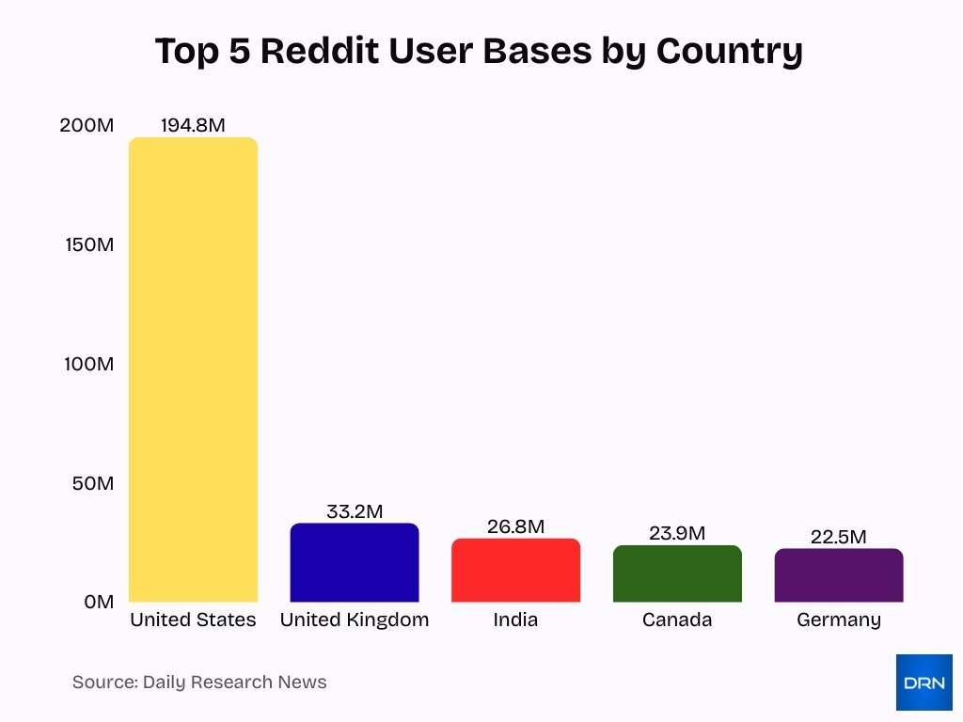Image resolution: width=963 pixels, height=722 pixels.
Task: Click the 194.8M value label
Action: coord(193,125)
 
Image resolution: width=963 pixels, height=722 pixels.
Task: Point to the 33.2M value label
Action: coord(355,511)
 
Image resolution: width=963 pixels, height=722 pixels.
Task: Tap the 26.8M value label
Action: coord(515,526)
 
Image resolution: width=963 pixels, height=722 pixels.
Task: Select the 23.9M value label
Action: coord(677,533)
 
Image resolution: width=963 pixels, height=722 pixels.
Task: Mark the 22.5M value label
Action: coord(839,537)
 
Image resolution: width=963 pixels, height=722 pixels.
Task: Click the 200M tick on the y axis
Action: coord(87,125)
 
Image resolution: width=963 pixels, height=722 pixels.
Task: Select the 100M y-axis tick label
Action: coord(88,364)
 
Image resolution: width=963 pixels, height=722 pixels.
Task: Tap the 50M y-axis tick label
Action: coord(92,483)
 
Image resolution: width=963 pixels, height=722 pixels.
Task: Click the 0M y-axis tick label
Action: coord(98,602)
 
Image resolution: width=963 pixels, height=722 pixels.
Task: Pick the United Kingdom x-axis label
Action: coord(355,620)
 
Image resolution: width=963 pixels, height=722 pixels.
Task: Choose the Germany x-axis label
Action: coord(839,620)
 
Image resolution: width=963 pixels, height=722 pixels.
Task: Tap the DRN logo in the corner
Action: coord(924,683)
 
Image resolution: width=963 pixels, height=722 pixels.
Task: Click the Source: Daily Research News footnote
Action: coord(199,683)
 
